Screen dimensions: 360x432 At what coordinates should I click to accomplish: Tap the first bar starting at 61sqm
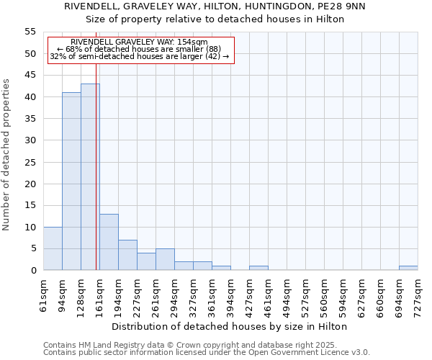coord(53,248)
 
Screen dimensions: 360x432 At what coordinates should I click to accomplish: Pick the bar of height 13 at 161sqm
coord(109,242)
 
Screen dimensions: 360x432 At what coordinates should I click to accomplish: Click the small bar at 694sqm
coord(408,268)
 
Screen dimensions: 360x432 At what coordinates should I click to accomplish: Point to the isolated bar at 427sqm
coord(258,268)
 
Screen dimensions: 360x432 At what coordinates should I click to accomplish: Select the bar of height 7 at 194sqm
coord(127,255)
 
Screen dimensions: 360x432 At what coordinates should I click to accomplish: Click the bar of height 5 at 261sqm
coord(165,259)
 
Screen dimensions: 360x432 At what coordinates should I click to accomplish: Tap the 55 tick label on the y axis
coord(30,32)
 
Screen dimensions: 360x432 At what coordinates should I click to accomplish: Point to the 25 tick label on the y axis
coord(30,162)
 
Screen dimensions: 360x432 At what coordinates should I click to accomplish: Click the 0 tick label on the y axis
coord(32,271)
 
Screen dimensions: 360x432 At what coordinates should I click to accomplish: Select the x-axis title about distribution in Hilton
coord(230,326)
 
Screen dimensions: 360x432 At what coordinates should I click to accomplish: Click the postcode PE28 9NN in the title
coord(344,6)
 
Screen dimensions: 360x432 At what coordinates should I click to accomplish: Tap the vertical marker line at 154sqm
coord(96,180)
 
